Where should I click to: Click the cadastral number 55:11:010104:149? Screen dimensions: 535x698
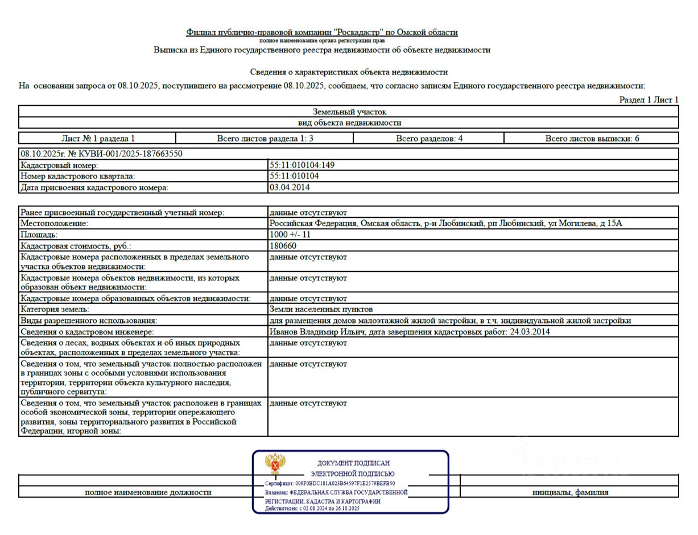pos(302,165)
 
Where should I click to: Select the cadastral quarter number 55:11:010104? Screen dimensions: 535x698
pos(294,176)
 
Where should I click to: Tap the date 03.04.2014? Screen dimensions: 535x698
pos(290,187)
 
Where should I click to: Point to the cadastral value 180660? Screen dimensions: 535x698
pos(283,246)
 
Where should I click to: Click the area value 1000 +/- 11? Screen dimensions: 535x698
pos(290,235)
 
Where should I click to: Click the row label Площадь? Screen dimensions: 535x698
pos(39,235)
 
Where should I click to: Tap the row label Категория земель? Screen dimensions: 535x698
pos(55,309)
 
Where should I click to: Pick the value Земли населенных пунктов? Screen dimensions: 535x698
pos(321,309)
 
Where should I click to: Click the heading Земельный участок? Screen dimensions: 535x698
pos(349,112)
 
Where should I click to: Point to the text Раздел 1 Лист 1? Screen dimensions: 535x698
pos(649,100)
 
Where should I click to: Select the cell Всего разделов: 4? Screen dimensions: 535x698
pos(429,138)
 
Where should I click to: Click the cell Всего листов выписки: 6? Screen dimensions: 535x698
pos(592,138)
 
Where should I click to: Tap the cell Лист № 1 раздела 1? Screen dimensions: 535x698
pos(98,138)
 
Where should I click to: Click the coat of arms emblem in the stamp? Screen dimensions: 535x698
pos(275,465)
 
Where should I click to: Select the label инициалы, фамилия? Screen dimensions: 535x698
pos(570,492)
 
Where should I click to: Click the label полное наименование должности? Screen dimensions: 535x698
pos(148,492)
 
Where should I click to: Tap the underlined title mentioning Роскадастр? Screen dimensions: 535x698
pos(322,32)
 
